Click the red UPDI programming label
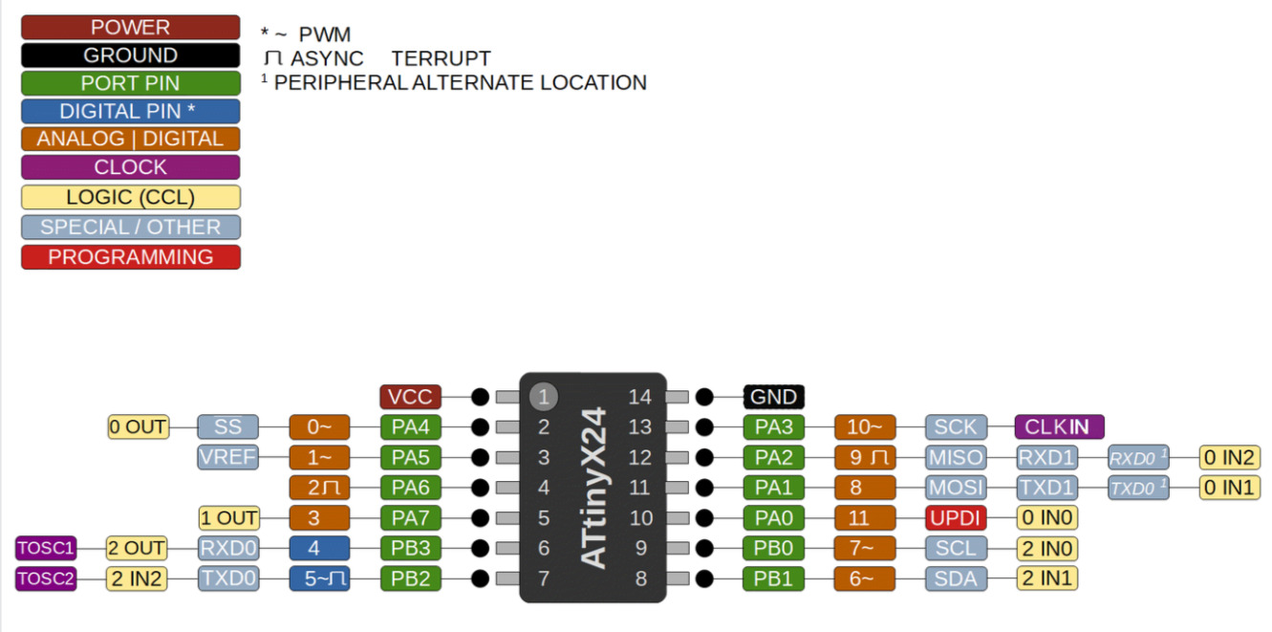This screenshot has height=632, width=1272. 956,518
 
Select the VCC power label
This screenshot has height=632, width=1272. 411,397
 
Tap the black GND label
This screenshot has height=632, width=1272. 774,397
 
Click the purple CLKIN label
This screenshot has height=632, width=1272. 1060,426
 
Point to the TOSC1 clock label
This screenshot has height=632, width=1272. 46,549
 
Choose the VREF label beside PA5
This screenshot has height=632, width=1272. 228,458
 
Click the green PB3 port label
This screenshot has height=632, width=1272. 411,549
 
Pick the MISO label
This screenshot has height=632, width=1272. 956,458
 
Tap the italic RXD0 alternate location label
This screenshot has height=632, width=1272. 1138,458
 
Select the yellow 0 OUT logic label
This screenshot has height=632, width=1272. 139,426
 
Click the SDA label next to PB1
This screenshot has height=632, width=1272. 956,578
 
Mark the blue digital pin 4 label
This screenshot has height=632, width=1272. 320,549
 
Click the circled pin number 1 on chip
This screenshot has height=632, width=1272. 544,397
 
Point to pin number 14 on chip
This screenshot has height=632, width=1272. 640,397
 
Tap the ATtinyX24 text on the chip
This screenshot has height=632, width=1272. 594,488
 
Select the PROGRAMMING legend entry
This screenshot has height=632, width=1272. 131,257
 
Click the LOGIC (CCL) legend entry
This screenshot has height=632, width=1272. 131,197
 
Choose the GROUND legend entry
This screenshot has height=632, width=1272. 131,55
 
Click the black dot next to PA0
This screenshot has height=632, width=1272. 704,518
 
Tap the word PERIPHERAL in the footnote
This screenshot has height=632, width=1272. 341,82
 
